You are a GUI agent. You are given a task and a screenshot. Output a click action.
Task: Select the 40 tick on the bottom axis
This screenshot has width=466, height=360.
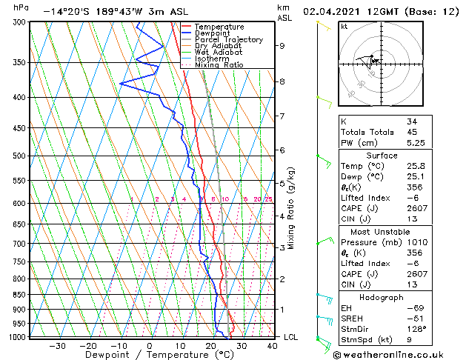[272, 346]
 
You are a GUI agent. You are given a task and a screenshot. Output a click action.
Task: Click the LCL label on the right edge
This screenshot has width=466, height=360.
[292, 337]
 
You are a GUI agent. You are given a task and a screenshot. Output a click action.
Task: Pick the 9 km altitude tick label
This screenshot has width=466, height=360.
[282, 46]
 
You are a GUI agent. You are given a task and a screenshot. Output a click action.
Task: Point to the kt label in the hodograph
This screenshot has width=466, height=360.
[344, 27]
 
